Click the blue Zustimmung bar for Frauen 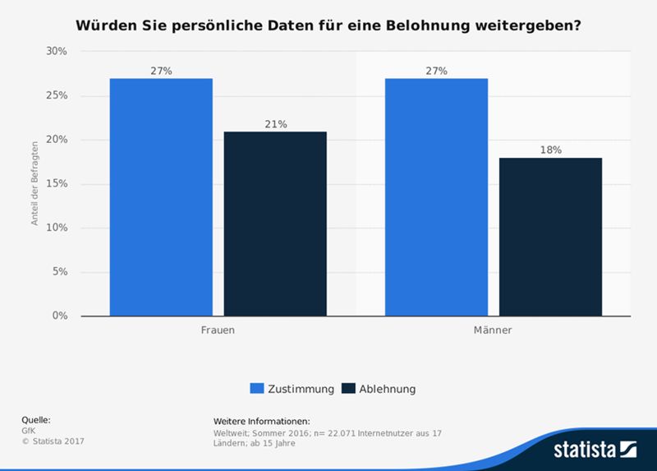[161, 197]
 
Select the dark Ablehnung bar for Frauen [275, 224]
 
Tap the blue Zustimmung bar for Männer [436, 197]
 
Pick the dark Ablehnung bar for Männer [550, 237]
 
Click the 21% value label [275, 124]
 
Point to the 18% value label [550, 150]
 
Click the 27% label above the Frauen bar [161, 72]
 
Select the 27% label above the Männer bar [436, 72]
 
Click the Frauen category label [218, 330]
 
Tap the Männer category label [493, 330]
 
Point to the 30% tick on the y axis [57, 51]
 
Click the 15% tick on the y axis [57, 183]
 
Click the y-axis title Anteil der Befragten [35, 183]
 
